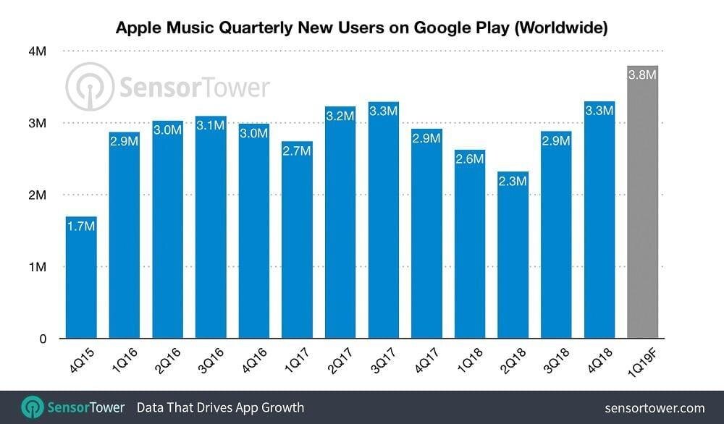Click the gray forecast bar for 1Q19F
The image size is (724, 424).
pyautogui.click(x=642, y=203)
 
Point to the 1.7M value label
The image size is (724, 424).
pyautogui.click(x=81, y=226)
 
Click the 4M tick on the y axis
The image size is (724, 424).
pyautogui.click(x=37, y=51)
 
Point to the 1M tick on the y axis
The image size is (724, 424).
pyautogui.click(x=37, y=267)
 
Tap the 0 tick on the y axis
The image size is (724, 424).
pyautogui.click(x=43, y=339)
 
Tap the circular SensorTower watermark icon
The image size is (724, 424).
pyautogui.click(x=90, y=87)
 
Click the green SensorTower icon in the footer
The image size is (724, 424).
pyautogui.click(x=31, y=407)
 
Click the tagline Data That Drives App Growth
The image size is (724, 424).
pyautogui.click(x=220, y=407)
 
